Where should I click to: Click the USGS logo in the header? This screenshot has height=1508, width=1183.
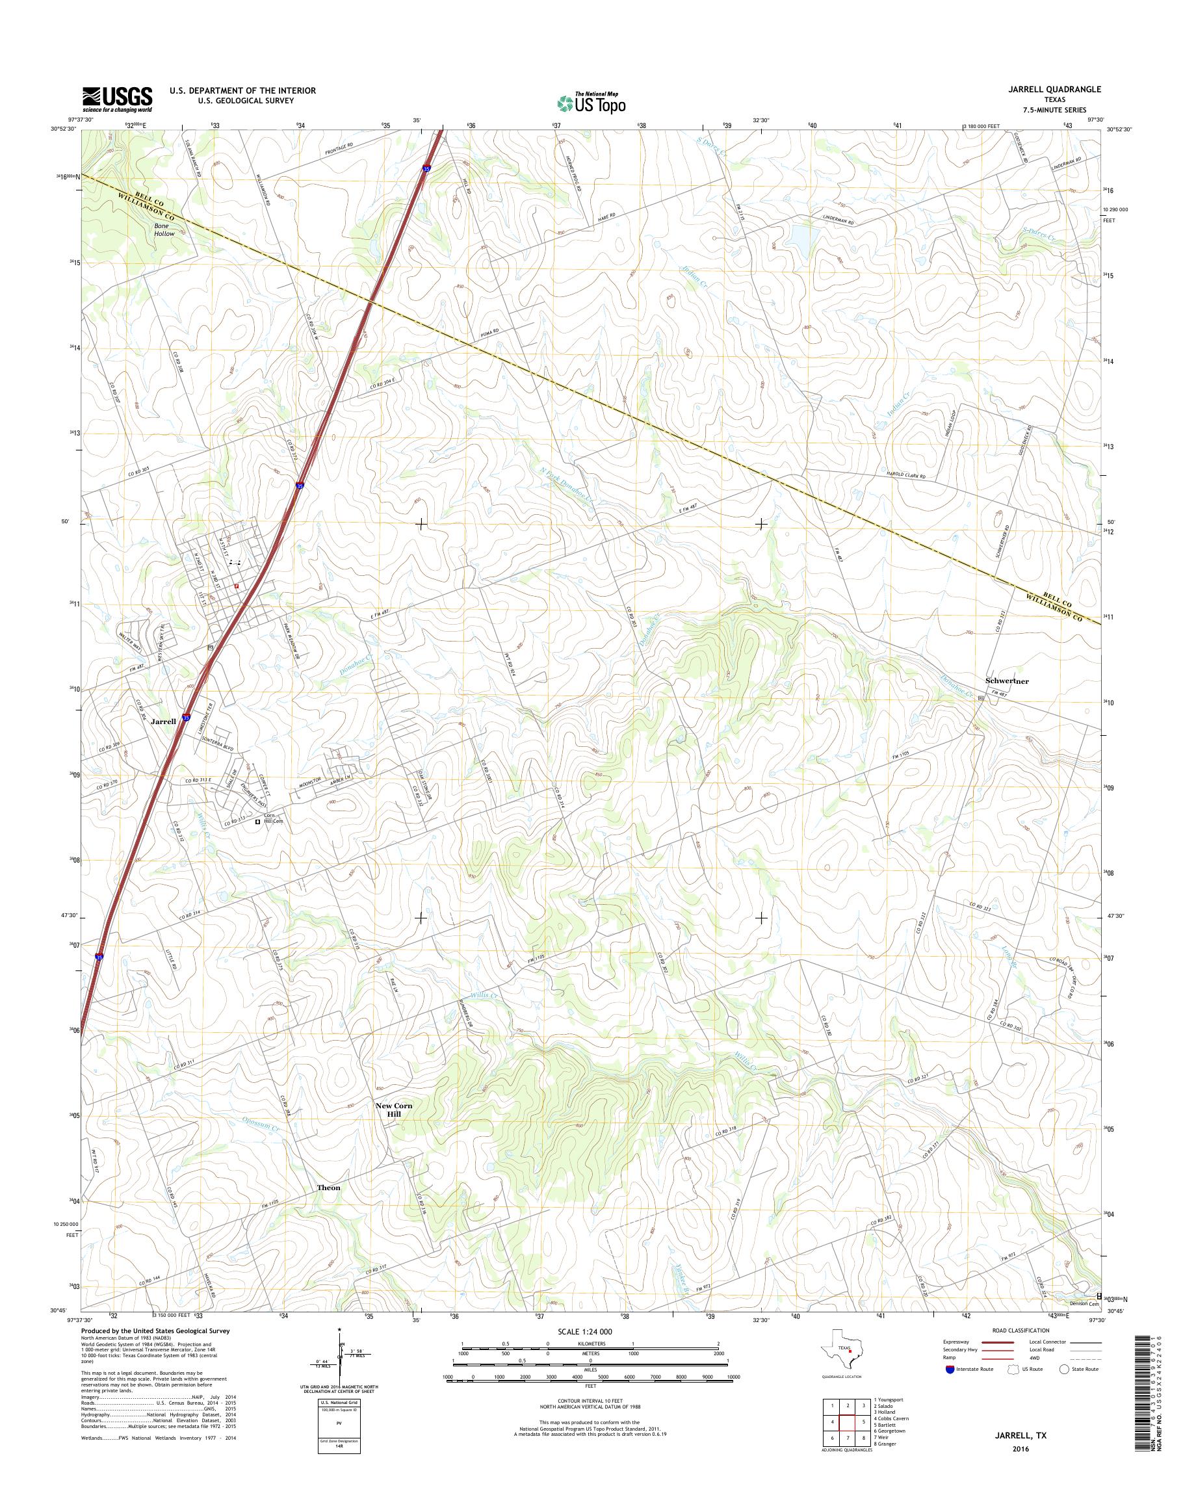click(117, 99)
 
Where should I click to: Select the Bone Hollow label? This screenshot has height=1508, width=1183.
click(164, 230)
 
